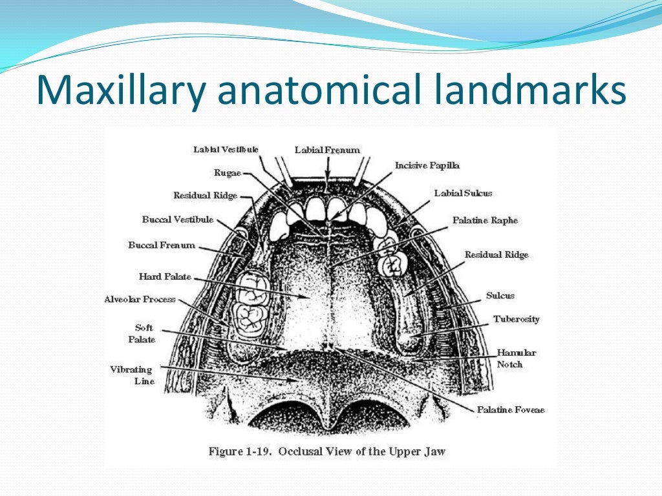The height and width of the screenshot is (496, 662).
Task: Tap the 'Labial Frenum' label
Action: tap(327, 150)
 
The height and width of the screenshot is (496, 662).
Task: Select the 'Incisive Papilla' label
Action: tap(427, 165)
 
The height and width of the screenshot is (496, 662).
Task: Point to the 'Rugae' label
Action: tap(228, 172)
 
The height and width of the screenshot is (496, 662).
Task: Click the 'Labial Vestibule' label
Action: tap(226, 149)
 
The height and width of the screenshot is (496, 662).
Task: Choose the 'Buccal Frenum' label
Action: tap(162, 245)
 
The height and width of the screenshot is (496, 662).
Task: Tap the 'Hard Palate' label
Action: tap(165, 276)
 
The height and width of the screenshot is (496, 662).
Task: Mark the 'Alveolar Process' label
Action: tap(140, 300)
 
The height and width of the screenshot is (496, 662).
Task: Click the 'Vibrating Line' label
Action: tap(132, 375)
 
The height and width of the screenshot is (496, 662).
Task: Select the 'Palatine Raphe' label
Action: tap(485, 220)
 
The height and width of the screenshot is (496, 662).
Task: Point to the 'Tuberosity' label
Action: tap(516, 319)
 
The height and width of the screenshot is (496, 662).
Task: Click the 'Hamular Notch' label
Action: tap(516, 358)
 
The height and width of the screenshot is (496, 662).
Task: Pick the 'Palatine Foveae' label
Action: tap(511, 409)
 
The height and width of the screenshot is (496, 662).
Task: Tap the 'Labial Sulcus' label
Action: tap(463, 193)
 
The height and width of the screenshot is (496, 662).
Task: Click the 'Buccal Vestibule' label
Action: tap(178, 220)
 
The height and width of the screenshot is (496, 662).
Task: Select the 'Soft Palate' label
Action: tap(145, 333)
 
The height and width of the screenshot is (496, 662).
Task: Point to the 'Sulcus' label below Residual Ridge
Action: tap(500, 295)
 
